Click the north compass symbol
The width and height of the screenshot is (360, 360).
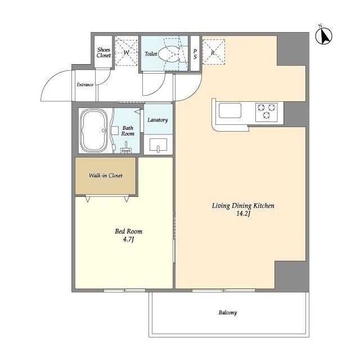[x=323, y=35]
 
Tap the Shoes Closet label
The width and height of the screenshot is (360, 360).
[x=103, y=52]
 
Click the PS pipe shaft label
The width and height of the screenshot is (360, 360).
[x=195, y=54]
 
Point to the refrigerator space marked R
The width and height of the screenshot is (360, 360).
[x=213, y=52]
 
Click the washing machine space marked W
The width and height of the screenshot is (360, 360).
[x=126, y=53]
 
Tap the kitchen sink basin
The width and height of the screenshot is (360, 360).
[x=230, y=110]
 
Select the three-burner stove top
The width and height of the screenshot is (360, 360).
[x=266, y=112]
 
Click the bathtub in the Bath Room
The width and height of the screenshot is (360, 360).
[x=94, y=130]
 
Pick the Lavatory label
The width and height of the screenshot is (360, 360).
[x=157, y=120]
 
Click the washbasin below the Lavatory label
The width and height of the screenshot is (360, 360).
[x=158, y=145]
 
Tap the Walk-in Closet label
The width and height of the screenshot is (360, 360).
[x=106, y=175]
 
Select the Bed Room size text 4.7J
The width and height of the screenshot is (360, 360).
[x=128, y=240]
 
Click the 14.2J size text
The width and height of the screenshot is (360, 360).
[x=243, y=214]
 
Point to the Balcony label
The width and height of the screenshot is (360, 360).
[x=227, y=313]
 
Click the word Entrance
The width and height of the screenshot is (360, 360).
[x=85, y=84]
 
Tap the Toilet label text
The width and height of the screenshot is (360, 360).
[x=151, y=54]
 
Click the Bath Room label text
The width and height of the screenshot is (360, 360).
[x=128, y=131]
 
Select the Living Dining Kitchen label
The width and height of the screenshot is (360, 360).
[x=243, y=206]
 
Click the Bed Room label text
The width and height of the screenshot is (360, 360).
[x=129, y=231]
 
